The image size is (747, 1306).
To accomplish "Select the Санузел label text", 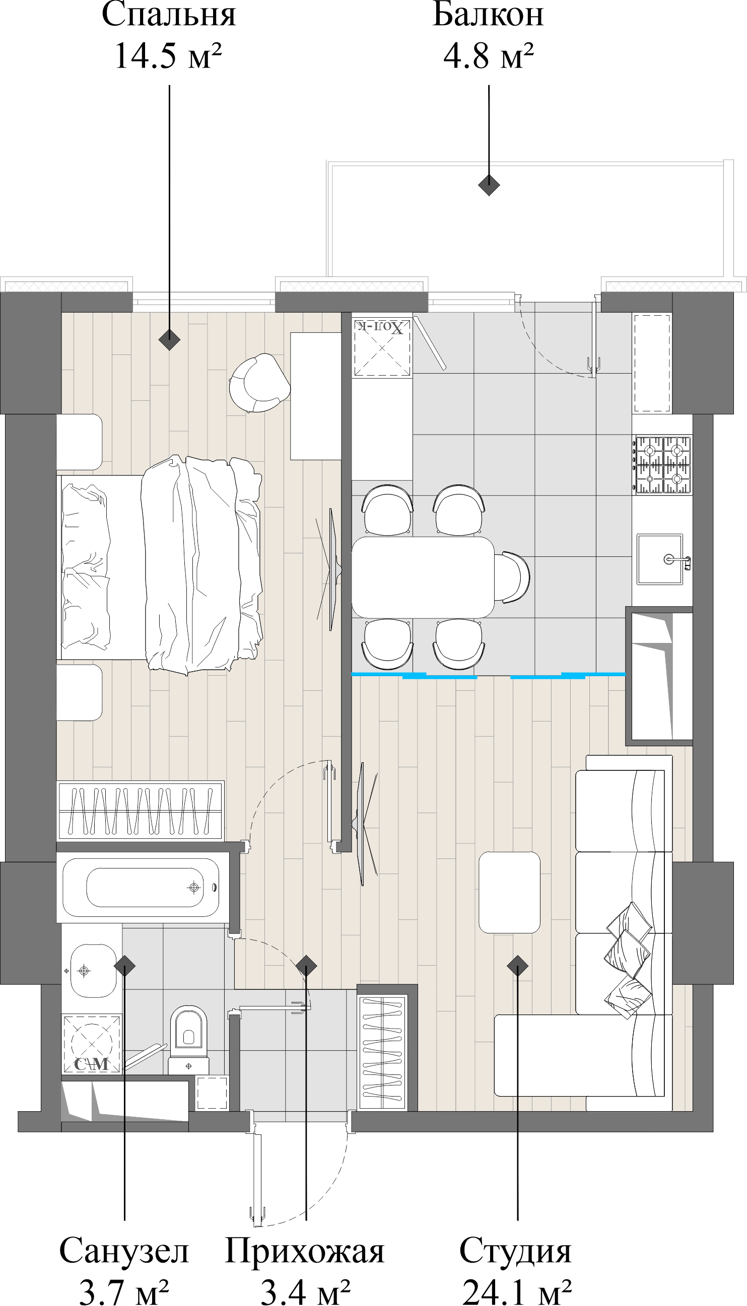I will click(124, 1251).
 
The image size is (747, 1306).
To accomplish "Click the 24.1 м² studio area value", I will click(517, 1292).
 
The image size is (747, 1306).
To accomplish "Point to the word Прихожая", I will click(305, 1251).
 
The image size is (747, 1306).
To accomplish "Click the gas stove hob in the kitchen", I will click(663, 465).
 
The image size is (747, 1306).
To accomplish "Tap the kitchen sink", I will click(660, 559).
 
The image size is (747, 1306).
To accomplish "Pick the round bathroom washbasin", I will click(92, 971).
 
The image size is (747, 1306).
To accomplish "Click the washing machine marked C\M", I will click(92, 1044).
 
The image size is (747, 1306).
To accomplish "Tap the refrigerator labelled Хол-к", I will click(382, 348).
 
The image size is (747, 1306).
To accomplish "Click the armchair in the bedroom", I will click(258, 383).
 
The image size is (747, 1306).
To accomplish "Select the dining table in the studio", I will click(423, 577).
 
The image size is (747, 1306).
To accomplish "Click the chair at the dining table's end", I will click(513, 577).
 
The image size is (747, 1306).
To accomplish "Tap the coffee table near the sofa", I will click(509, 893).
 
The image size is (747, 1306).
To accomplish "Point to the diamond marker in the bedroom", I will click(169, 339).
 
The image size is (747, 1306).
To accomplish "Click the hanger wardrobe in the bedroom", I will click(140, 810).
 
